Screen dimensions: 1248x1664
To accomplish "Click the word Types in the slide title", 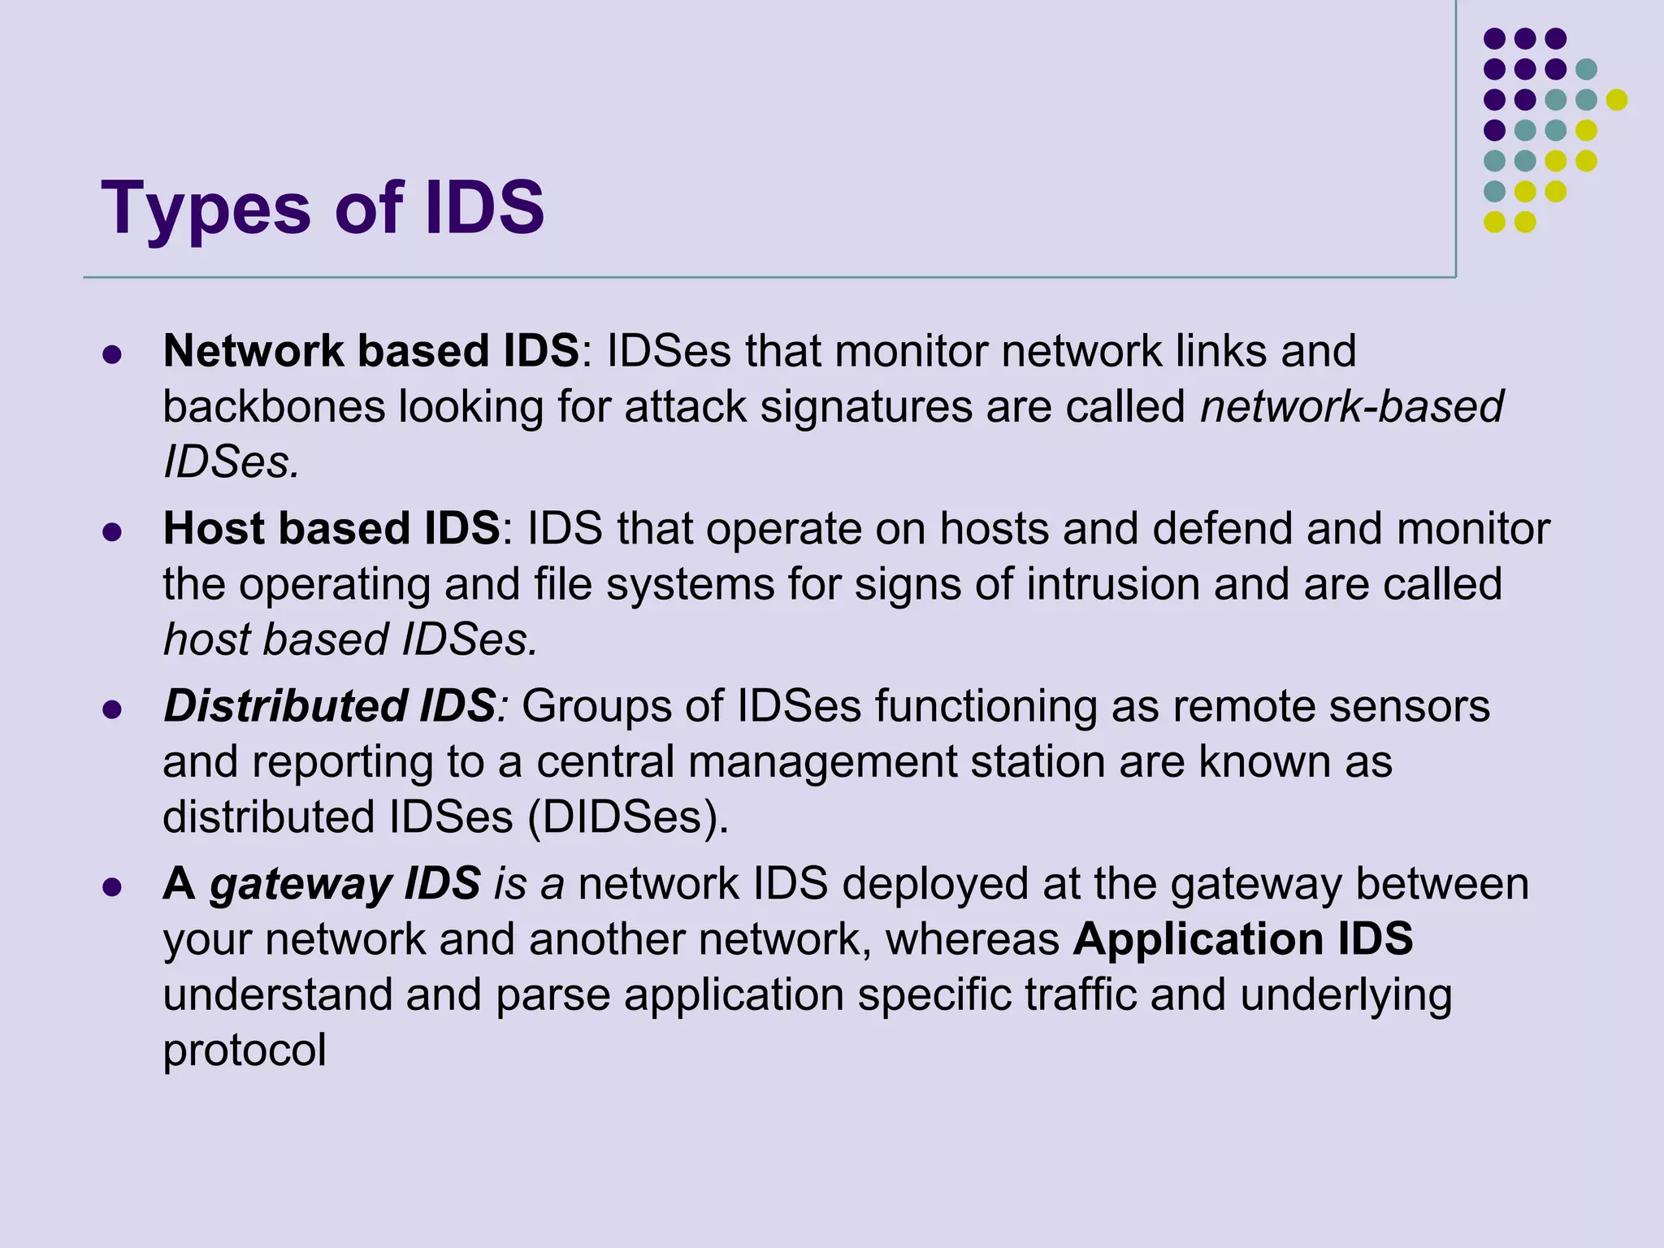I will tap(206, 210).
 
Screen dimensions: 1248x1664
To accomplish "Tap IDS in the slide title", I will tap(484, 208).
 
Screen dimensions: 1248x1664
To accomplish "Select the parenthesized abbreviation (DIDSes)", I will tap(628, 817).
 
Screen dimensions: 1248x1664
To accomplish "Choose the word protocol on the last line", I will tap(245, 1051).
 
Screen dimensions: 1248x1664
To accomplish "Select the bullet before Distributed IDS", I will tap(113, 709).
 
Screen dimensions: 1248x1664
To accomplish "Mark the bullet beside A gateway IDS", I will tap(113, 886).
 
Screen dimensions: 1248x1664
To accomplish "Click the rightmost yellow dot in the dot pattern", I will tap(1616, 100).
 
